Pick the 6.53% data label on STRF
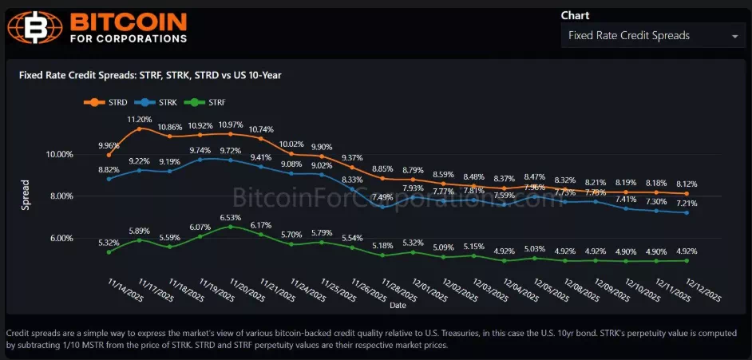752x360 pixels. click(230, 217)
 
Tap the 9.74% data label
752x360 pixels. click(200, 150)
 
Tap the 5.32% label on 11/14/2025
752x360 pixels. click(109, 242)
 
